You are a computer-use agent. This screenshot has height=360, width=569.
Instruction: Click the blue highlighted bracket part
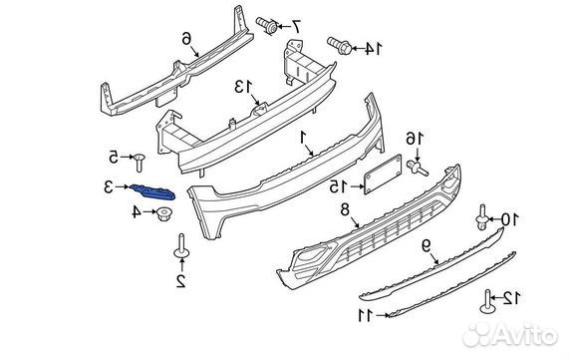152,191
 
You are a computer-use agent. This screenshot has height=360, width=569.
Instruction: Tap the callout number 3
109,187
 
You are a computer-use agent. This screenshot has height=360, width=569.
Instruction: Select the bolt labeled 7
267,25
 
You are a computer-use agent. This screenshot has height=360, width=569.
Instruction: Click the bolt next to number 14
339,46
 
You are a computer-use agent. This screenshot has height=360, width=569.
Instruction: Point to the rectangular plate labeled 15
383,175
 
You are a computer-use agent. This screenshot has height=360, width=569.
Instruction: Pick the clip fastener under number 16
419,169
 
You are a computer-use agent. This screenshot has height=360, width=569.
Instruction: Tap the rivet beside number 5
139,162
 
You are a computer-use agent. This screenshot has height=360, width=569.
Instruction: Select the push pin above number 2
181,247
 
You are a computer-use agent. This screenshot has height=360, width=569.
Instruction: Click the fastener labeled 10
481,217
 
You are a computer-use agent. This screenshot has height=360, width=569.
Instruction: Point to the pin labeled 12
488,301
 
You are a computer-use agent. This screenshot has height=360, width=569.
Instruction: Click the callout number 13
243,87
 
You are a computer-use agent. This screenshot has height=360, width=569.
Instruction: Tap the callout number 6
186,38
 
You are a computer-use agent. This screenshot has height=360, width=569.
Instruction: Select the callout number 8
345,210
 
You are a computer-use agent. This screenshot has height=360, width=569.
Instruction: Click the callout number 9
427,246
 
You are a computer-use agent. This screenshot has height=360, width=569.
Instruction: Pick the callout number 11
366,315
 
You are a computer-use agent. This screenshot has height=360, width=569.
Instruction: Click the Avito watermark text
510,334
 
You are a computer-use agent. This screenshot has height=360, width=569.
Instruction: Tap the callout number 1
304,138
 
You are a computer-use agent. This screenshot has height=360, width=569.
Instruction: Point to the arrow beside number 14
358,48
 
